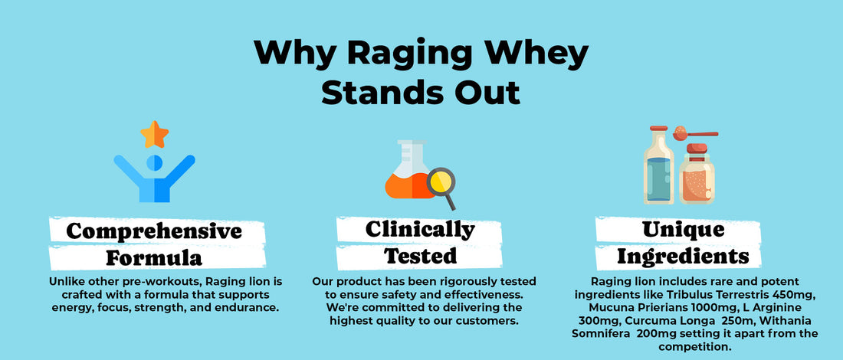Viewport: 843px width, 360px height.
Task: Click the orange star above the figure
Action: coord(155,134)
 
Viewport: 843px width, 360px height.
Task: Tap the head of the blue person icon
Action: coord(154,163)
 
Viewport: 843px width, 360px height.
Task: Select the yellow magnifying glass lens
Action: coord(441,182)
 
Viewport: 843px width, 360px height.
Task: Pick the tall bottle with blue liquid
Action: coord(658,165)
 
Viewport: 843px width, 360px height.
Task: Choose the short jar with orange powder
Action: coord(697,174)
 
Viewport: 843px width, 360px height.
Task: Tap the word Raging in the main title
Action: coord(409,54)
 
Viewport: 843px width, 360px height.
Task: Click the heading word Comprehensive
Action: coord(154,231)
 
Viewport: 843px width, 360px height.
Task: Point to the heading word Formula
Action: coord(154,258)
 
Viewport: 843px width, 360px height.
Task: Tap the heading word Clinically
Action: coord(420,230)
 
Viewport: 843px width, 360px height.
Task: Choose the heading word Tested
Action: coord(420,256)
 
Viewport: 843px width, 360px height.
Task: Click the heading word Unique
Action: coord(683,230)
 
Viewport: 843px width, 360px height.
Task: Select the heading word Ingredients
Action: coord(683,257)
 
